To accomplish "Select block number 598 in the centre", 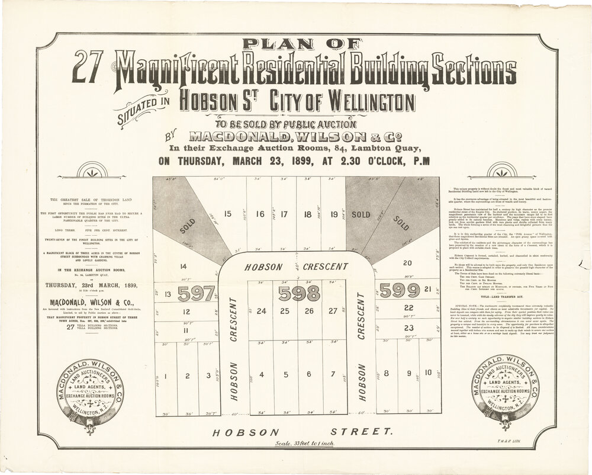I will pos(298,293).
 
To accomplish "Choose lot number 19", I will pos(334,215).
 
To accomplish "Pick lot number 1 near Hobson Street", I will pos(167,375).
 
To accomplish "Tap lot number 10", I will pos(428,373).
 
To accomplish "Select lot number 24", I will pos(261,311).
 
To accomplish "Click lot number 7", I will pos(333,374).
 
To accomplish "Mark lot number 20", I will pos(406,262).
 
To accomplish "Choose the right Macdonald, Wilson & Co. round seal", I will pos(503,391).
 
